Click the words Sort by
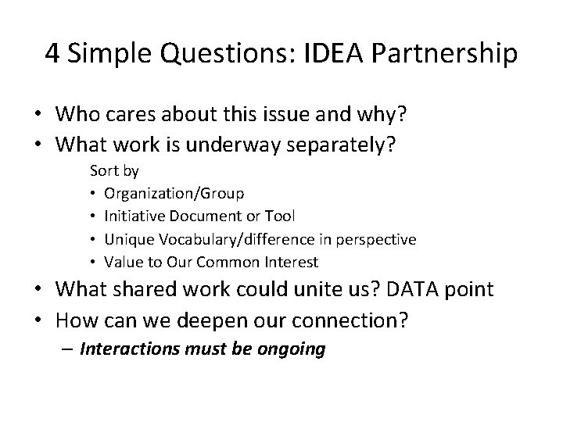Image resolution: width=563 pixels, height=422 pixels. tap(114, 170)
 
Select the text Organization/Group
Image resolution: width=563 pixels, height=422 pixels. tap(174, 192)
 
